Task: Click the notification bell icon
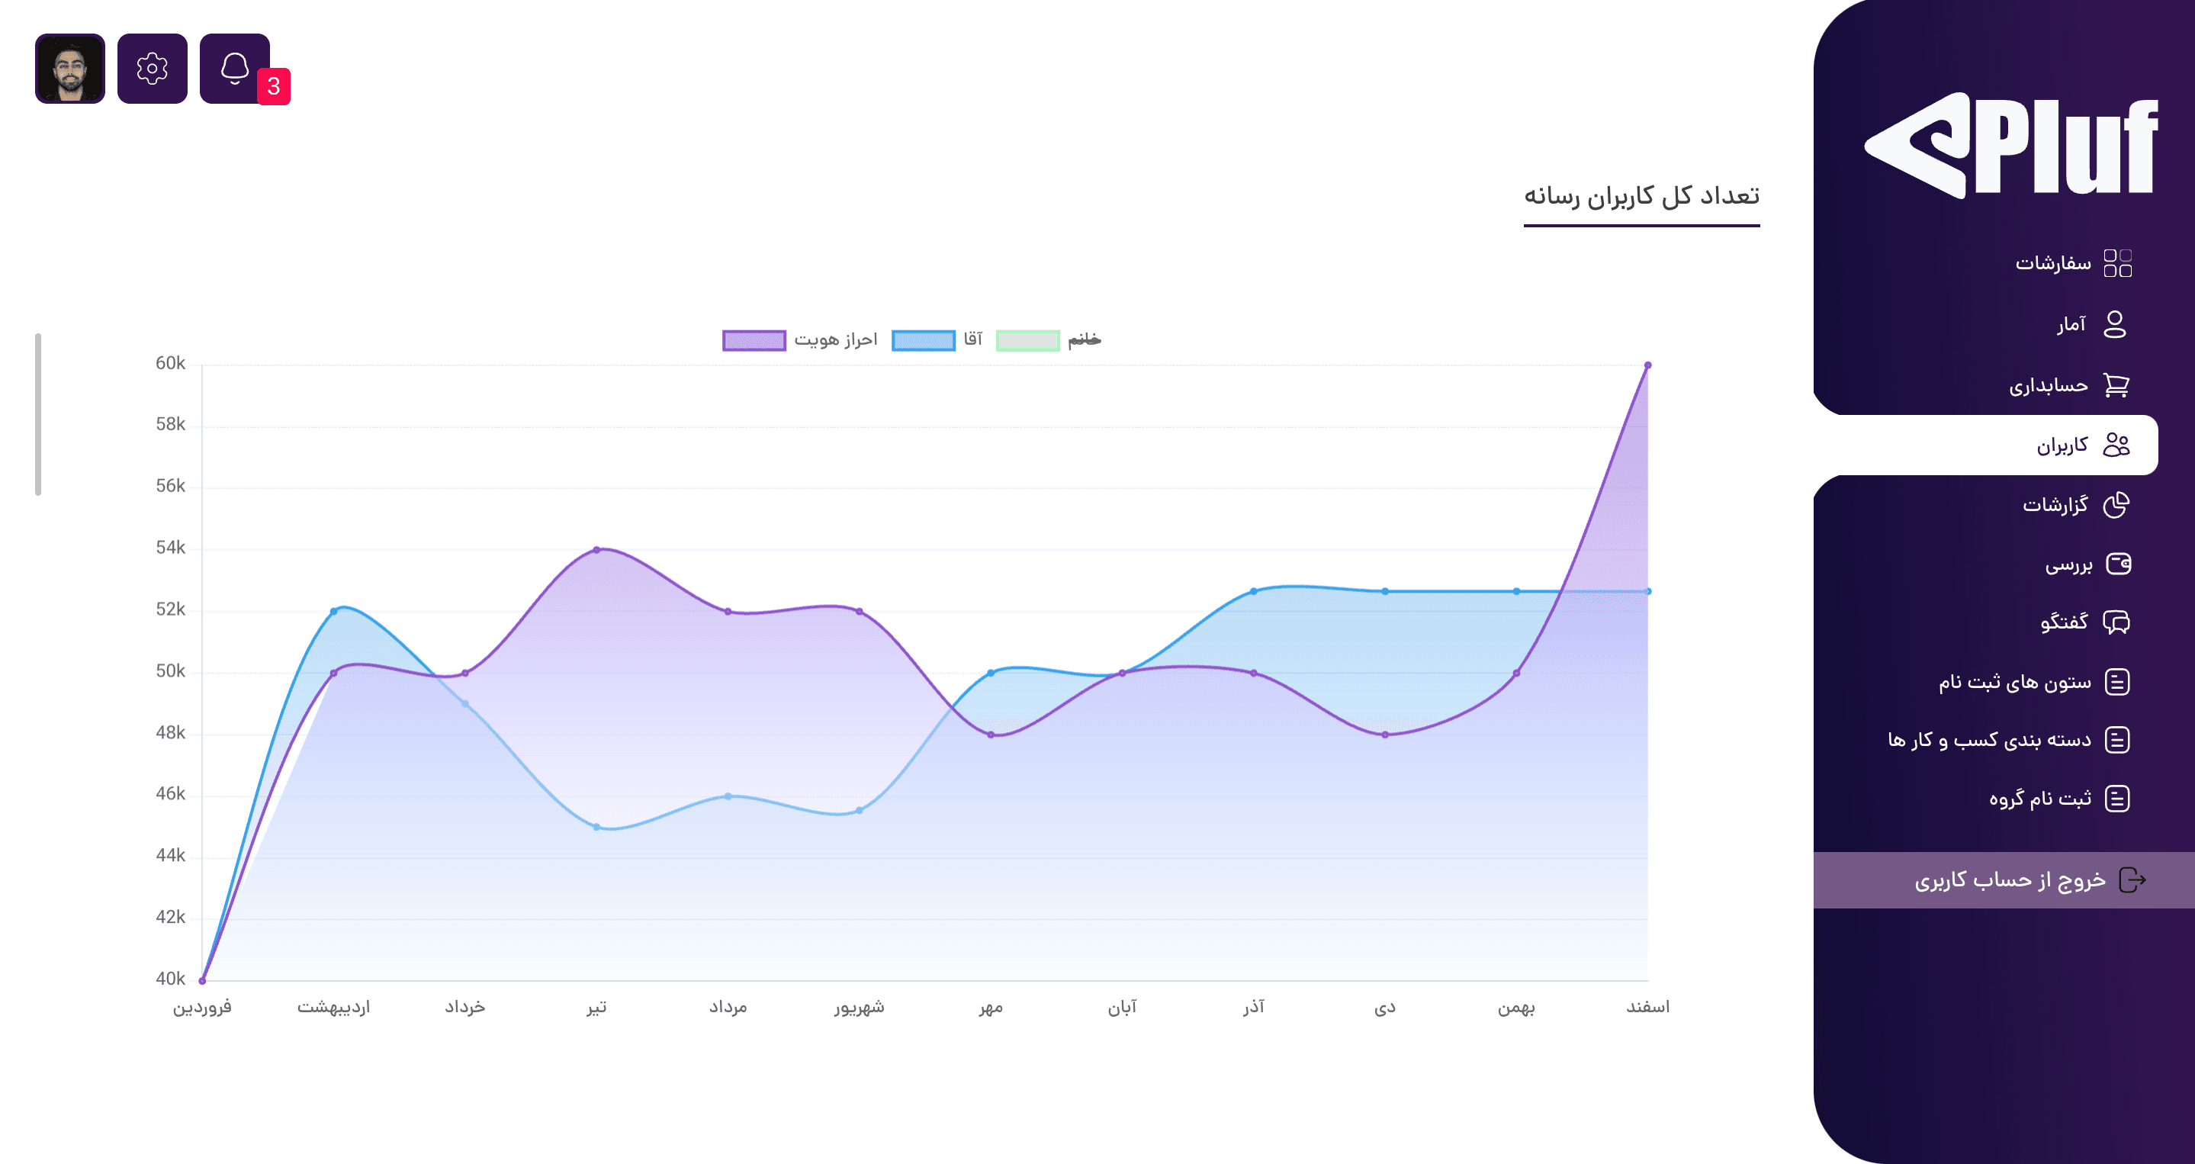click(x=234, y=68)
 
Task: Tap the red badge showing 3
click(x=274, y=86)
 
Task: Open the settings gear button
click(x=153, y=68)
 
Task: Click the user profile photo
click(x=70, y=68)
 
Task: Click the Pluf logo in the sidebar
click(x=2011, y=146)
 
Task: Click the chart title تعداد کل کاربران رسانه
click(x=1641, y=196)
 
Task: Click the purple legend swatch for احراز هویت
click(x=754, y=341)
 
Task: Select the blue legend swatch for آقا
click(x=923, y=341)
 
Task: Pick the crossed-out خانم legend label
click(x=1084, y=340)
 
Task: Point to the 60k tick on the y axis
click(x=170, y=364)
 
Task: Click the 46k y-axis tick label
click(x=170, y=794)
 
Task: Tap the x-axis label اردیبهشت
click(x=333, y=1007)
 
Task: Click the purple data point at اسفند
click(x=1647, y=365)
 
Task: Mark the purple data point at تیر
click(x=596, y=550)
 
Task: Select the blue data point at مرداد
click(x=728, y=796)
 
